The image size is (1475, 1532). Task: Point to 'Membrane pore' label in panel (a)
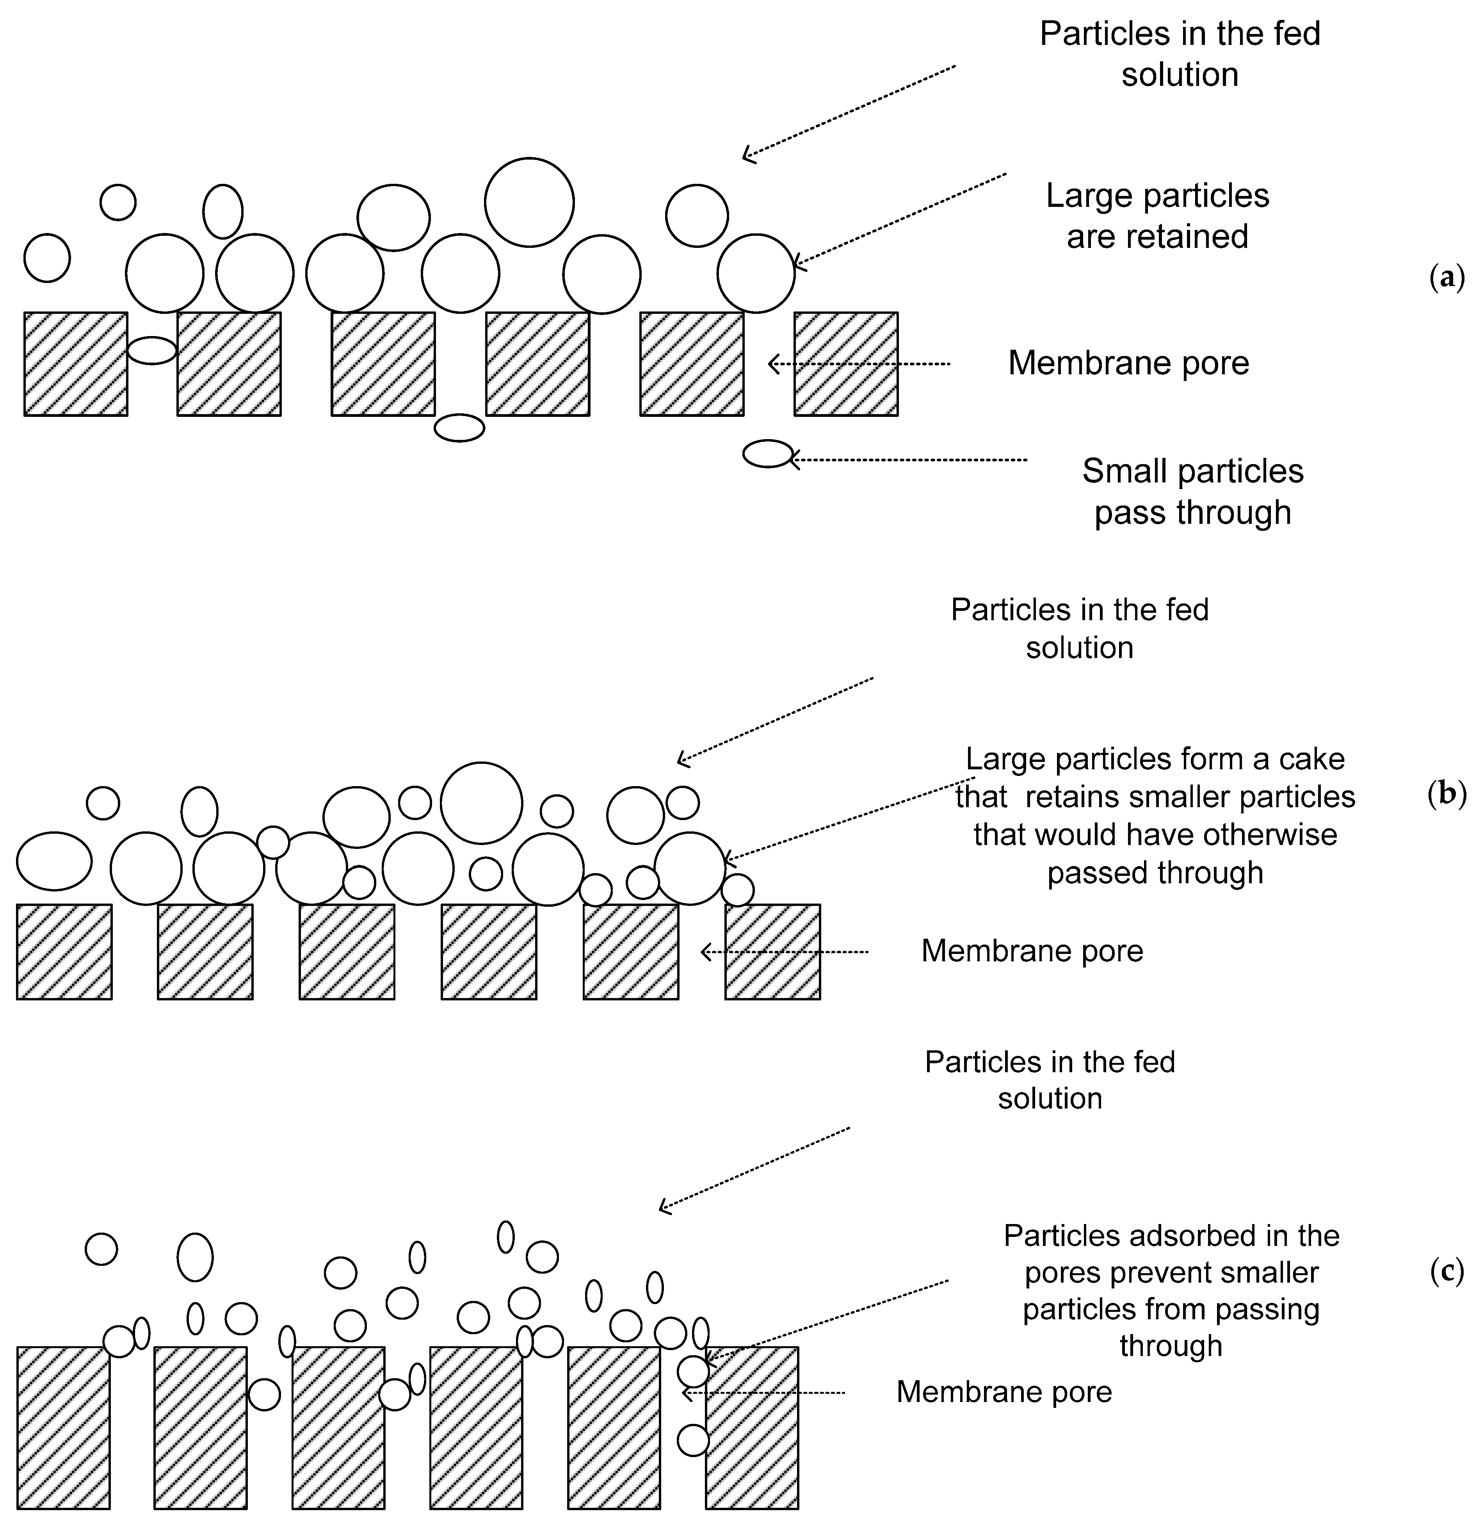point(1128,363)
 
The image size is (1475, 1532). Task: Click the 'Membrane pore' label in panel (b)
point(1032,950)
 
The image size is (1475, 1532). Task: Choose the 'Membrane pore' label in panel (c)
point(1003,1391)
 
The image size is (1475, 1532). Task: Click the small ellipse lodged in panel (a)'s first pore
point(152,350)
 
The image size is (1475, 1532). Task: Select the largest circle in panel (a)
point(529,202)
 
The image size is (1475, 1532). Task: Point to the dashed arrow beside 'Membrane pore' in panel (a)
point(860,363)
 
